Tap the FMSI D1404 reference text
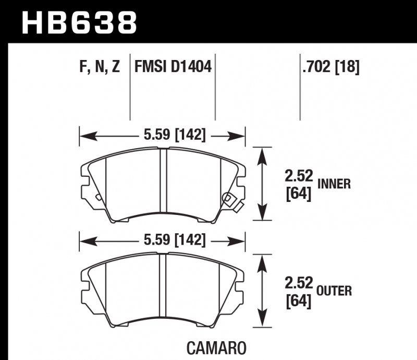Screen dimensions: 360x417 pos(173,67)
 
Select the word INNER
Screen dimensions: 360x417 pos(334,184)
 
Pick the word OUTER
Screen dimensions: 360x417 pos(334,291)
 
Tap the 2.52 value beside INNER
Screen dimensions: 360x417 pos(299,178)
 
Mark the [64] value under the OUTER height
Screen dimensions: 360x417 pos(299,301)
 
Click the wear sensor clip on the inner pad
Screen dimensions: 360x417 pos(230,200)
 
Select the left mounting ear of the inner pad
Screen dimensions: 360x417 pos(85,181)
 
